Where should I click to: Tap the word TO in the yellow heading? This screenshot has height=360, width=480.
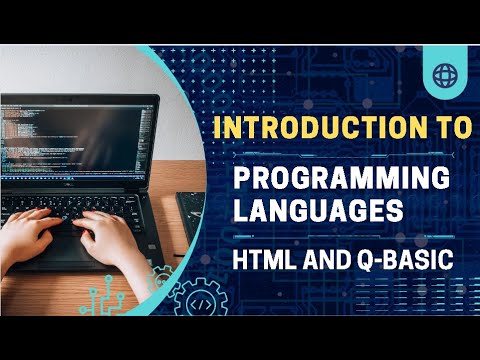450,129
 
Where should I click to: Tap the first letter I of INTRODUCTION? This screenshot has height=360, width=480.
222,129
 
